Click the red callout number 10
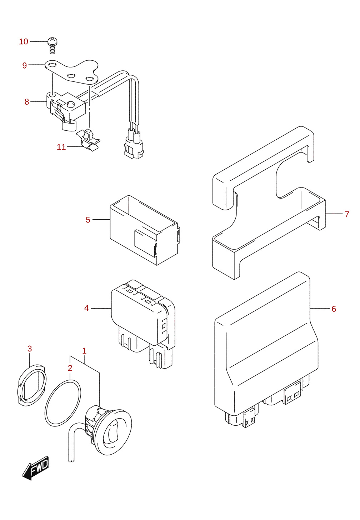click(24, 41)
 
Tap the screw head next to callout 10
click(52, 41)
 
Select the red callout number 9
click(25, 65)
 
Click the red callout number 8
click(27, 102)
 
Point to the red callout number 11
click(61, 147)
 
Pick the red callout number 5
click(88, 220)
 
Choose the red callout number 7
click(347, 214)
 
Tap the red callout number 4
click(86, 308)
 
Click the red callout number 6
click(334, 309)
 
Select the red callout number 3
click(30, 349)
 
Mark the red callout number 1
click(84, 351)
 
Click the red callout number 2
click(70, 368)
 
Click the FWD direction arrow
click(35, 468)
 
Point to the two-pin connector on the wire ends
click(134, 145)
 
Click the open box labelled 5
click(144, 230)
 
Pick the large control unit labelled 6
click(266, 350)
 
